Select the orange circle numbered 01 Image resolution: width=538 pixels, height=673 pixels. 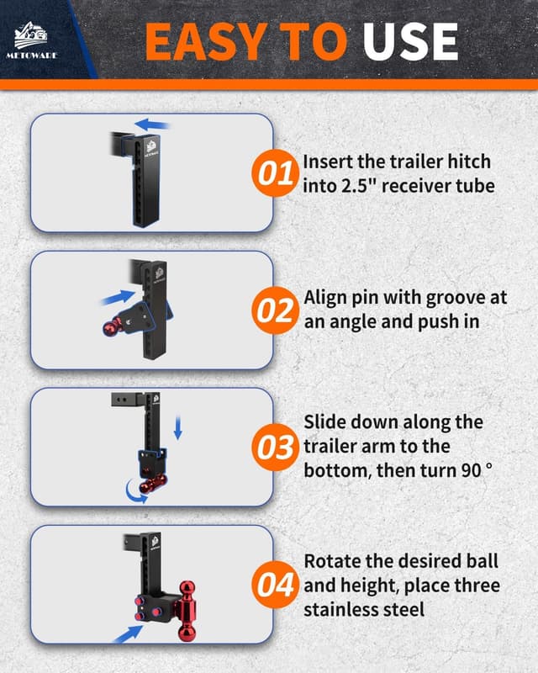(x=274, y=174)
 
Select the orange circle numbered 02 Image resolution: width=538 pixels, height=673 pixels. (x=274, y=311)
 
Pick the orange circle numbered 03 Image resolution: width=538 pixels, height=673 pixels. (x=274, y=447)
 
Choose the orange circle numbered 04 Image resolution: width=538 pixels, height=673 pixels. (x=274, y=583)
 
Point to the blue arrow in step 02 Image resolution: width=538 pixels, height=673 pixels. (x=117, y=297)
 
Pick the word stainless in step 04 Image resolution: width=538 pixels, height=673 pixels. (x=345, y=607)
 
